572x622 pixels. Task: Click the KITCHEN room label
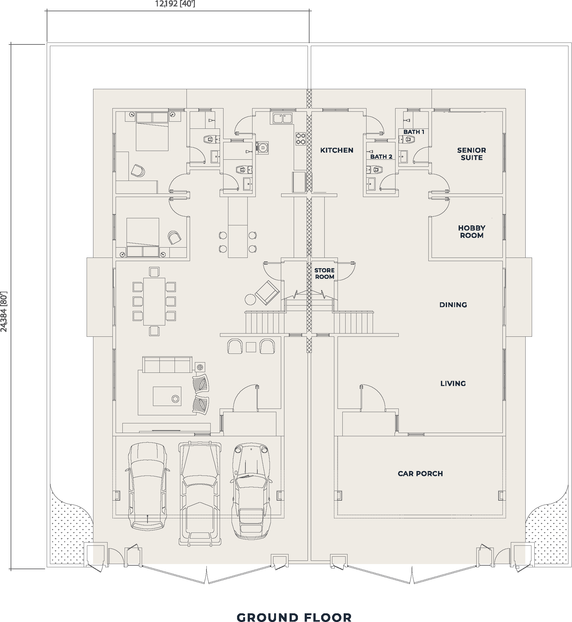337,150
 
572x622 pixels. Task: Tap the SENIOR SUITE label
472,154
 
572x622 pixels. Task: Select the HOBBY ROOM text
472,231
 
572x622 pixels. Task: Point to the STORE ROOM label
324,273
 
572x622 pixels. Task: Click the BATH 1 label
414,132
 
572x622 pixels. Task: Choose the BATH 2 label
381,157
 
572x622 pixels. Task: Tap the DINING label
453,305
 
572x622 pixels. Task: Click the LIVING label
453,383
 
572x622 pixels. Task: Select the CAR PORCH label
420,474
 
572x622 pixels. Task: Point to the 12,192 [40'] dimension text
175,4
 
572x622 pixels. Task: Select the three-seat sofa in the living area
167,365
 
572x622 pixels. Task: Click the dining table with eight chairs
154,301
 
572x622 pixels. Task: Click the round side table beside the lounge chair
250,299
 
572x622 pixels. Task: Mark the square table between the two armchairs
251,347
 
